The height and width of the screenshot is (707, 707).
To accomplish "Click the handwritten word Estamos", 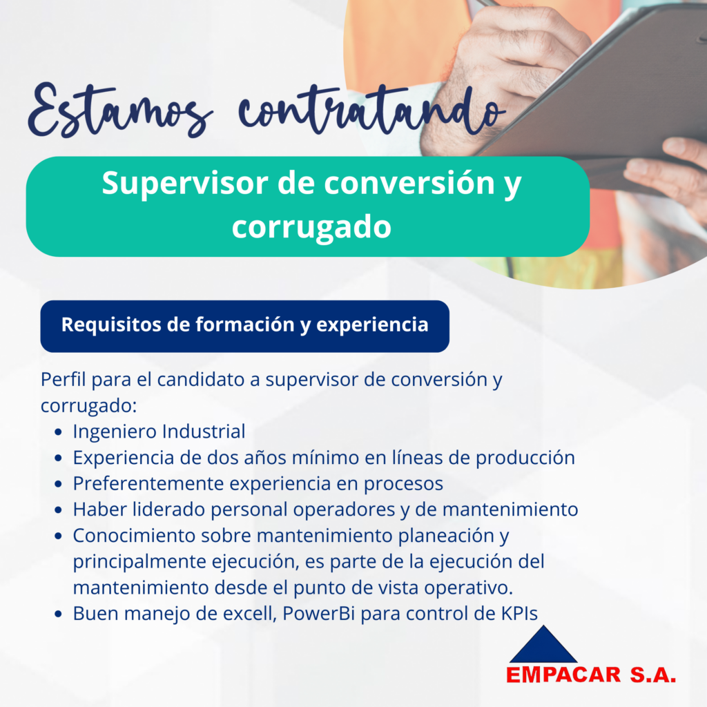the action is [119, 110].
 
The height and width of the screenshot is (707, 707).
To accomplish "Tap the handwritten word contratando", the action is [371, 110].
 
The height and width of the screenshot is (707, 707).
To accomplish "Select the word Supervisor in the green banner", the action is [185, 184].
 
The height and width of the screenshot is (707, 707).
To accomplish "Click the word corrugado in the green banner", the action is [311, 226].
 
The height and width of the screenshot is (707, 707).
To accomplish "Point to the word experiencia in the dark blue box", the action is [372, 325].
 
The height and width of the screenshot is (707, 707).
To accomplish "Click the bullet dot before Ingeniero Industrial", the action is [58, 432].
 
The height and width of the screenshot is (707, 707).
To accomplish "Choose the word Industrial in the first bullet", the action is [204, 432].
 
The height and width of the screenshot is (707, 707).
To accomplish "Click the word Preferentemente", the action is [148, 484].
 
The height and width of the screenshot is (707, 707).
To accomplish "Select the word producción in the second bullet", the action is [525, 458].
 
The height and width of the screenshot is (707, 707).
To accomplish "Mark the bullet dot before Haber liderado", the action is [58, 510].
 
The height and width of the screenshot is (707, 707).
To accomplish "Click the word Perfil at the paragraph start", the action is [63, 380].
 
